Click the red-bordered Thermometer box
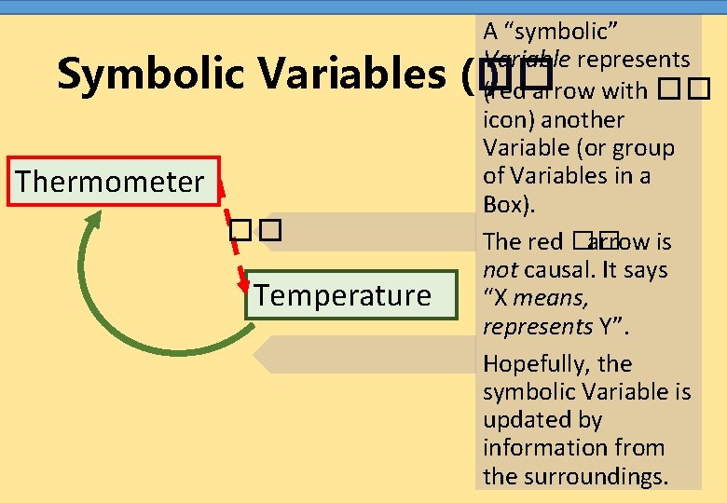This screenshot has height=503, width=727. click(109, 181)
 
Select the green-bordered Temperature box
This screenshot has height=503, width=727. click(342, 295)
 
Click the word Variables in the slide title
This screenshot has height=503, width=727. click(353, 74)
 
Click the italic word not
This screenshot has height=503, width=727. click(500, 270)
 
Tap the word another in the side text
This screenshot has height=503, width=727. click(583, 119)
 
